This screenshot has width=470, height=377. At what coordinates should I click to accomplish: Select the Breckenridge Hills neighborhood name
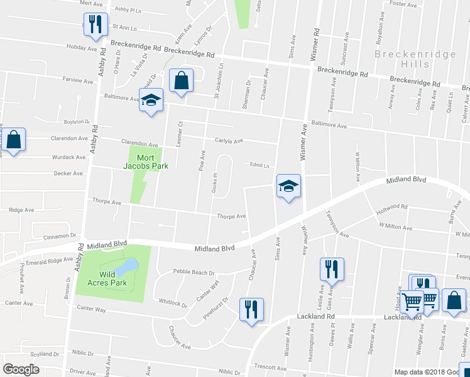click(x=415, y=59)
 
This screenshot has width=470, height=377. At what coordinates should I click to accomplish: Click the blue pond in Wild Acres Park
click(x=126, y=266)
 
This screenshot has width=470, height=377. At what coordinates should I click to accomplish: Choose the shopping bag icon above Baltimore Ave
click(x=182, y=81)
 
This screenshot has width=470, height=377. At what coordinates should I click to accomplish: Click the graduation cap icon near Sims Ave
click(x=288, y=187)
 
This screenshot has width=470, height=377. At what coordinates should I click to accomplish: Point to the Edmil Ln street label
click(x=259, y=166)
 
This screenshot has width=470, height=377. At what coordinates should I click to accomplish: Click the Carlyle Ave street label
click(x=229, y=141)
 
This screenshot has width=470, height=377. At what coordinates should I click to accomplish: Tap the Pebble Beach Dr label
click(x=194, y=273)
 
